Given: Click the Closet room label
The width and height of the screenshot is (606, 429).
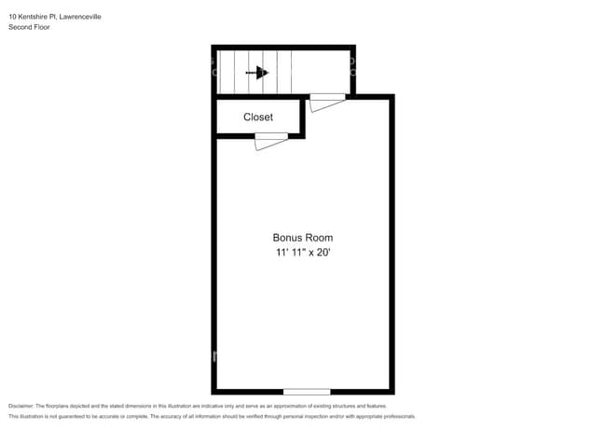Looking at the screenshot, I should (x=258, y=118).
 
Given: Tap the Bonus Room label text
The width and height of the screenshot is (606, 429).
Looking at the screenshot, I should (x=302, y=238).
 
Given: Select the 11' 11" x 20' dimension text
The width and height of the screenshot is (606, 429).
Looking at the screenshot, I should (x=302, y=253).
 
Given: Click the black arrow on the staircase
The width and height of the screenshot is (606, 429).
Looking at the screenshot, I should (x=259, y=73).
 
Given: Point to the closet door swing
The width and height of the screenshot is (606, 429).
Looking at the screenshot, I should (x=270, y=141).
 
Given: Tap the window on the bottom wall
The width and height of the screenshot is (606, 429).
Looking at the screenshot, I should (x=307, y=391).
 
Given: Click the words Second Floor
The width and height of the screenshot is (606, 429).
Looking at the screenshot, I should (x=29, y=27).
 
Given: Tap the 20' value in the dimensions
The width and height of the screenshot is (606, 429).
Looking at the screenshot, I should (x=324, y=253).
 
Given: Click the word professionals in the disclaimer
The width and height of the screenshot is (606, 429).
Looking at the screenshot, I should (x=395, y=416).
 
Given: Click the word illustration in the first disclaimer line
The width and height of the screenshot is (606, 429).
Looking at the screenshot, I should (x=169, y=407).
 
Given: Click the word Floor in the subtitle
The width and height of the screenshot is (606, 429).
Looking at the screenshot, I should (x=42, y=27).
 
